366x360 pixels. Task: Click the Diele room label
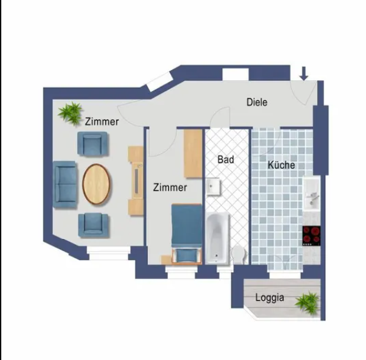pyautogui.click(x=257, y=102)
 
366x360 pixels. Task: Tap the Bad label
pyautogui.click(x=226, y=159)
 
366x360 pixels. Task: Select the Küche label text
pyautogui.click(x=281, y=165)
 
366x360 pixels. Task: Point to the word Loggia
pyautogui.click(x=270, y=298)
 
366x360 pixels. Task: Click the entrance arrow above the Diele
pyautogui.click(x=304, y=73)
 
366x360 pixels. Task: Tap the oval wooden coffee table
pyautogui.click(x=96, y=184)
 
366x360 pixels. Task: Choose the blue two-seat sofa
pyautogui.click(x=65, y=184)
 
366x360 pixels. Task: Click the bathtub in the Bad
pyautogui.click(x=217, y=238)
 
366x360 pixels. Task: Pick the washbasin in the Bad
pyautogui.click(x=213, y=187)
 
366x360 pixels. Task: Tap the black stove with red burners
pyautogui.click(x=311, y=236)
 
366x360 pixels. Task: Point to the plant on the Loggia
pyautogui.click(x=307, y=303)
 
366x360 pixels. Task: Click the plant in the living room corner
pyautogui.click(x=71, y=113)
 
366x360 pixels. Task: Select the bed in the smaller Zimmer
pyautogui.click(x=186, y=234)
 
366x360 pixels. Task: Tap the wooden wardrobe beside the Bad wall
pyautogui.click(x=193, y=154)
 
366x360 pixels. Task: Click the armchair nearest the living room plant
pyautogui.click(x=93, y=144)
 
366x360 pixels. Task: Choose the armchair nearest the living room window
pyautogui.click(x=94, y=226)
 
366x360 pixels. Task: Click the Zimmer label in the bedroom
pyautogui.click(x=170, y=187)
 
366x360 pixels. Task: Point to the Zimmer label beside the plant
pyautogui.click(x=102, y=122)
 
